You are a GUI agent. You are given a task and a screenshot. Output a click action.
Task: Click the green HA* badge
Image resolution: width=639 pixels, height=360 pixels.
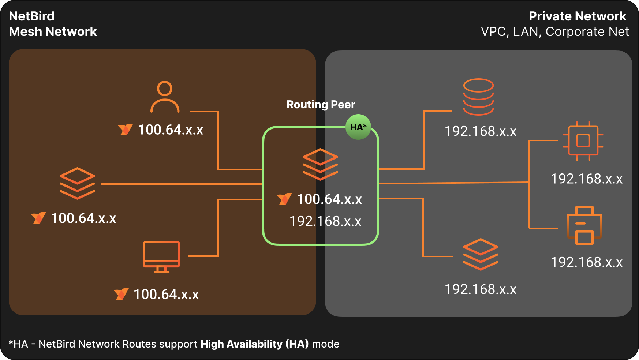click(x=358, y=127)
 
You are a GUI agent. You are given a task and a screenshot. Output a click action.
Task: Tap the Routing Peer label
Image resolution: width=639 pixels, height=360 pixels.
click(x=321, y=105)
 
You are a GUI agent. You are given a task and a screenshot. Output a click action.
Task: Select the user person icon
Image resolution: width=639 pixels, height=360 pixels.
click(x=165, y=97)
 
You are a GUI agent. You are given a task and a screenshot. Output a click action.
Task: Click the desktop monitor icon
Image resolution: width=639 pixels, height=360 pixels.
click(x=161, y=256)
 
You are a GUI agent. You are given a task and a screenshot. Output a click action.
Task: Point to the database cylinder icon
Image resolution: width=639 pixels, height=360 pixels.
click(x=478, y=97)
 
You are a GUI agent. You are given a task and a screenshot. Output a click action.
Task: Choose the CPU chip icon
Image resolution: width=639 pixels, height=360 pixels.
click(x=583, y=140)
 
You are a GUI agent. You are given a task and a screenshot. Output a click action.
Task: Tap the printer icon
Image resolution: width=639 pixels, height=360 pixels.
click(x=584, y=225)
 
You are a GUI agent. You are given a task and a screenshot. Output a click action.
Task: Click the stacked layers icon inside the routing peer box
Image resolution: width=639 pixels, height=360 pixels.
click(x=320, y=164)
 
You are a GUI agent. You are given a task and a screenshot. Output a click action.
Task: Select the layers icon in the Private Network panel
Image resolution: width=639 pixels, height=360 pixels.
click(x=480, y=254)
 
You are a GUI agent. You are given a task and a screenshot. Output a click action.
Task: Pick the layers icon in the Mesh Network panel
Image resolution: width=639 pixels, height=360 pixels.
click(x=77, y=183)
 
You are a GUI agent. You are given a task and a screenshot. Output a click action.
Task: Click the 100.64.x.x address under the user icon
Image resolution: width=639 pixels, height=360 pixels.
click(x=171, y=130)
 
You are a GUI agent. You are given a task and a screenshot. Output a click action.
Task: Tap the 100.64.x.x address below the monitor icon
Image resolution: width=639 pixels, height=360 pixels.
click(x=166, y=295)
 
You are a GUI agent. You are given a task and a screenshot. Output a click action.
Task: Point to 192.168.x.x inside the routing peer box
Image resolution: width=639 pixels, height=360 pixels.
click(x=325, y=221)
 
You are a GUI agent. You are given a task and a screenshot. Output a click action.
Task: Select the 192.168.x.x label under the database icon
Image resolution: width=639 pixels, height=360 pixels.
click(x=480, y=131)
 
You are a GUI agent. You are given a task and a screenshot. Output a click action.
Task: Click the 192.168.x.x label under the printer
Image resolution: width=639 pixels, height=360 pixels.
click(x=586, y=262)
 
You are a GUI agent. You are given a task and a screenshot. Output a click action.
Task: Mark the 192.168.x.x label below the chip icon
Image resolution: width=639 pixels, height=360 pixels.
click(x=586, y=179)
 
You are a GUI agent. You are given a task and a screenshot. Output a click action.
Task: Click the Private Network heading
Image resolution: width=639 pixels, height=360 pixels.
click(x=577, y=16)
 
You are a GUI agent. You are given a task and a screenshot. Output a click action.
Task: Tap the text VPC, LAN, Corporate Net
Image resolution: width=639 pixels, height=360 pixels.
click(x=555, y=32)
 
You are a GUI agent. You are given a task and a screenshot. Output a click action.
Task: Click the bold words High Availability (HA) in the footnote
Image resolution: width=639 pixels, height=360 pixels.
click(x=254, y=344)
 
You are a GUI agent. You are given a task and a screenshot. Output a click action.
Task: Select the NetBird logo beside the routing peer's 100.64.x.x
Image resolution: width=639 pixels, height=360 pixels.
click(x=284, y=199)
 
